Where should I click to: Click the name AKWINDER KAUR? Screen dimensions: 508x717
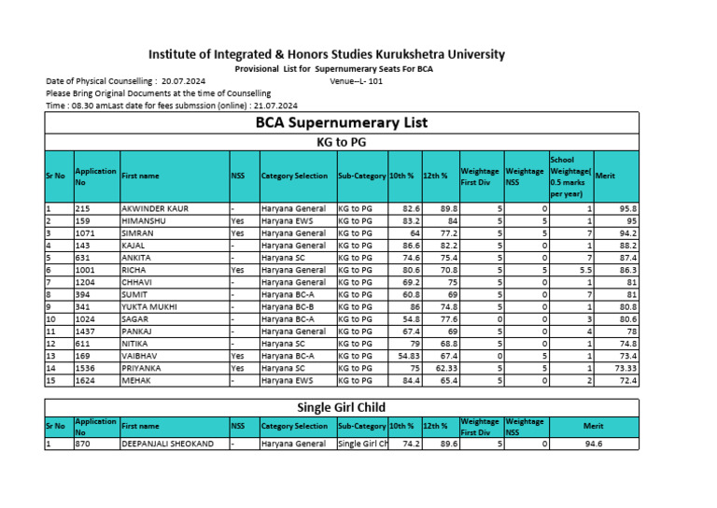click(x=155, y=208)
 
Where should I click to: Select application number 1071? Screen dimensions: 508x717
click(x=85, y=233)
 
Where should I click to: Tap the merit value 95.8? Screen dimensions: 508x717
click(x=627, y=208)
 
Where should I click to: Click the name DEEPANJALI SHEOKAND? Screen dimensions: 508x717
click(x=167, y=444)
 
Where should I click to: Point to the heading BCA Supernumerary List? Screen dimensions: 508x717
click(x=342, y=122)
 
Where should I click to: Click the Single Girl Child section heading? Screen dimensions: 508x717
click(x=342, y=407)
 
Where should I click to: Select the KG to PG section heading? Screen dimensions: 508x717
click(x=342, y=142)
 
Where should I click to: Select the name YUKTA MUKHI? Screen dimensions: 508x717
click(x=149, y=305)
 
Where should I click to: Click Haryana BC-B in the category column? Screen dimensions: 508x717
click(x=288, y=305)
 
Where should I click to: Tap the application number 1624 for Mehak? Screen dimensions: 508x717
click(x=85, y=380)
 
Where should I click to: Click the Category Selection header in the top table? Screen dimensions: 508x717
click(x=294, y=176)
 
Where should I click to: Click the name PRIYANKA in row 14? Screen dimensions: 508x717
click(x=143, y=368)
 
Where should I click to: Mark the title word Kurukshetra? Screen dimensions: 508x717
click(x=395, y=54)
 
